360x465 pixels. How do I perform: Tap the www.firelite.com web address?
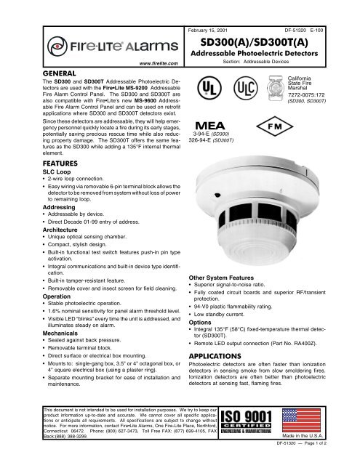click(x=155, y=65)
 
